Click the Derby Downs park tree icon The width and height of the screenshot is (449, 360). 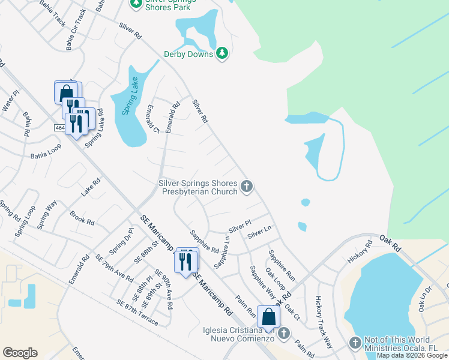tap(222, 54)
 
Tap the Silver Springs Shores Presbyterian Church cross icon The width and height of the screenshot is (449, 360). tap(246, 187)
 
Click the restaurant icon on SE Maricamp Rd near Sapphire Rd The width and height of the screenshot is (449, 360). tap(186, 261)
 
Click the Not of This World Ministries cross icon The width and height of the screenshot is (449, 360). tap(355, 343)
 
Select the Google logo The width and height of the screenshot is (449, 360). tap(20, 353)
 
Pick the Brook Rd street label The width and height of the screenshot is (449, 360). tap(82, 217)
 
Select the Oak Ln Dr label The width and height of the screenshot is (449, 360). tap(425, 298)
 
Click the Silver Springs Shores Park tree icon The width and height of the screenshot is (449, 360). tap(136, 4)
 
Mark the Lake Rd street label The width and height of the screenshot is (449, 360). tap(91, 189)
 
